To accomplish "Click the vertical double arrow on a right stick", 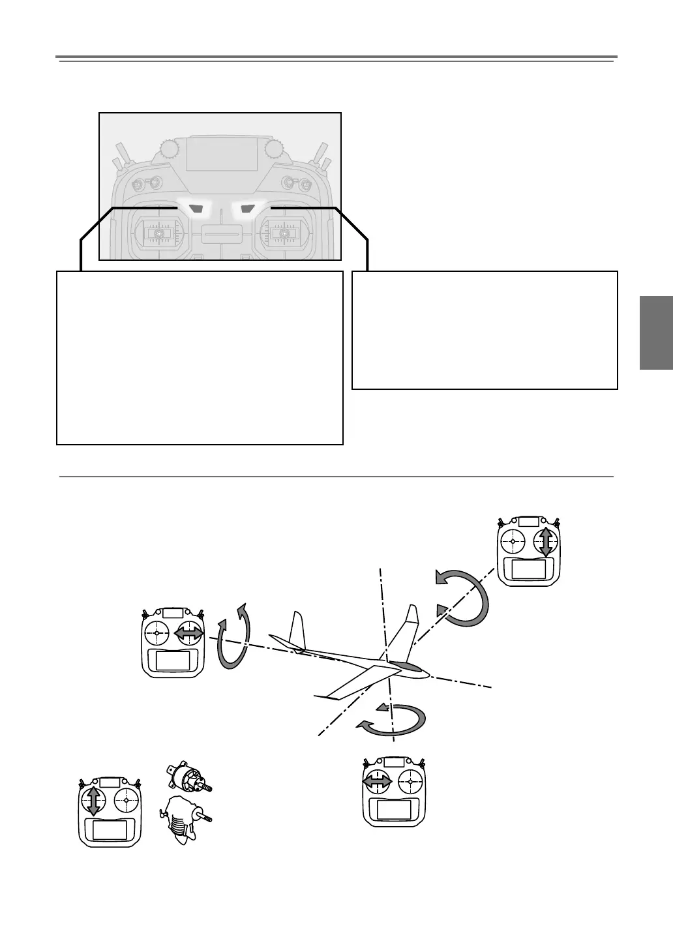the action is (546, 542).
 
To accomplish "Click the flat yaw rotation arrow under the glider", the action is (391, 720).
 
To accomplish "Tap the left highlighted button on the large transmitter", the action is (196, 209).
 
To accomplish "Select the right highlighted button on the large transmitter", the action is (247, 209).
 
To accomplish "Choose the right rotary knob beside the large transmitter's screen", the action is (273, 150).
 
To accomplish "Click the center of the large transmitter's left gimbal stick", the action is (158, 233).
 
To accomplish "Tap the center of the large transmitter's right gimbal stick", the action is (283, 233).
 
